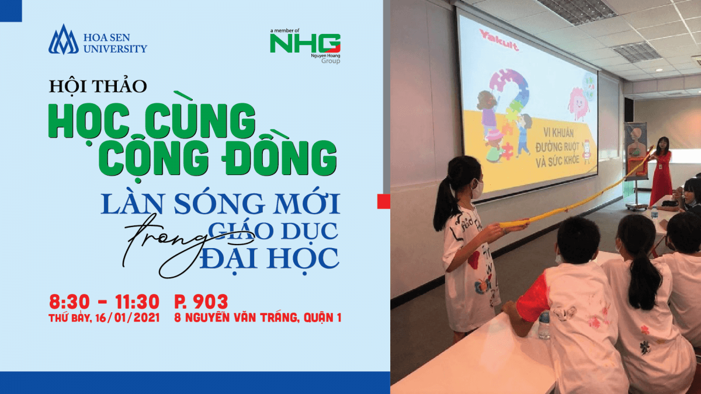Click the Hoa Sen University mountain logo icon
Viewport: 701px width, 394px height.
click(63, 40)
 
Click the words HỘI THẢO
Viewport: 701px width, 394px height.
click(98, 86)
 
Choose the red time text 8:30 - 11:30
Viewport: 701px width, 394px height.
click(103, 302)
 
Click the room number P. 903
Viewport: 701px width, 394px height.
click(201, 302)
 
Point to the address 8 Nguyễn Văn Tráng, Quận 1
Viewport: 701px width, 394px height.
click(258, 318)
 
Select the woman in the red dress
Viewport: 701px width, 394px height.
click(661, 169)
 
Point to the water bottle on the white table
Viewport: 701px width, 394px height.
click(544, 325)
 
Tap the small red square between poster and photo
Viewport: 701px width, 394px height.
click(384, 202)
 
